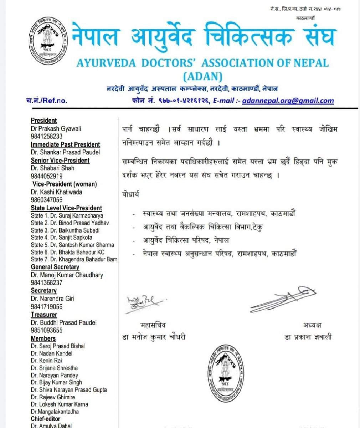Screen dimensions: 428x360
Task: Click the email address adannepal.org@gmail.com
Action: pyautogui.click(x=288, y=101)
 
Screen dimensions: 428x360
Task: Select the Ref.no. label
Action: pyautogui.click(x=47, y=101)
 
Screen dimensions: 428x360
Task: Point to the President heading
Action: pyautogui.click(x=44, y=121)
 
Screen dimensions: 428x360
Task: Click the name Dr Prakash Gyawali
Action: pyautogui.click(x=56, y=128)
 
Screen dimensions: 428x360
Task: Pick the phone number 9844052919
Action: pyautogui.click(x=47, y=176)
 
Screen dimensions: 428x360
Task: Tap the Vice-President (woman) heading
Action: pyautogui.click(x=65, y=184)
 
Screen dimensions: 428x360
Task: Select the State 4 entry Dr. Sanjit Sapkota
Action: pyautogui.click(x=61, y=237)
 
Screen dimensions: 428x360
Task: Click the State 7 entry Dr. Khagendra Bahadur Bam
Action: pyautogui.click(x=74, y=259)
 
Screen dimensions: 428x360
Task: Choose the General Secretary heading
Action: pyautogui.click(x=55, y=267)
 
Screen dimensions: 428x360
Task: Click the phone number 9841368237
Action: pyautogui.click(x=47, y=283)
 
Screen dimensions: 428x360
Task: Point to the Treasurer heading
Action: pyautogui.click(x=44, y=315)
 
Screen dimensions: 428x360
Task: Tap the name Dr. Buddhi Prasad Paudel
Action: pyautogui.click(x=63, y=322)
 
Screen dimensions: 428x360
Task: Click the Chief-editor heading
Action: pyautogui.click(x=46, y=419)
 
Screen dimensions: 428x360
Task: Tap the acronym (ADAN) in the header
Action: pyautogui.click(x=202, y=76)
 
